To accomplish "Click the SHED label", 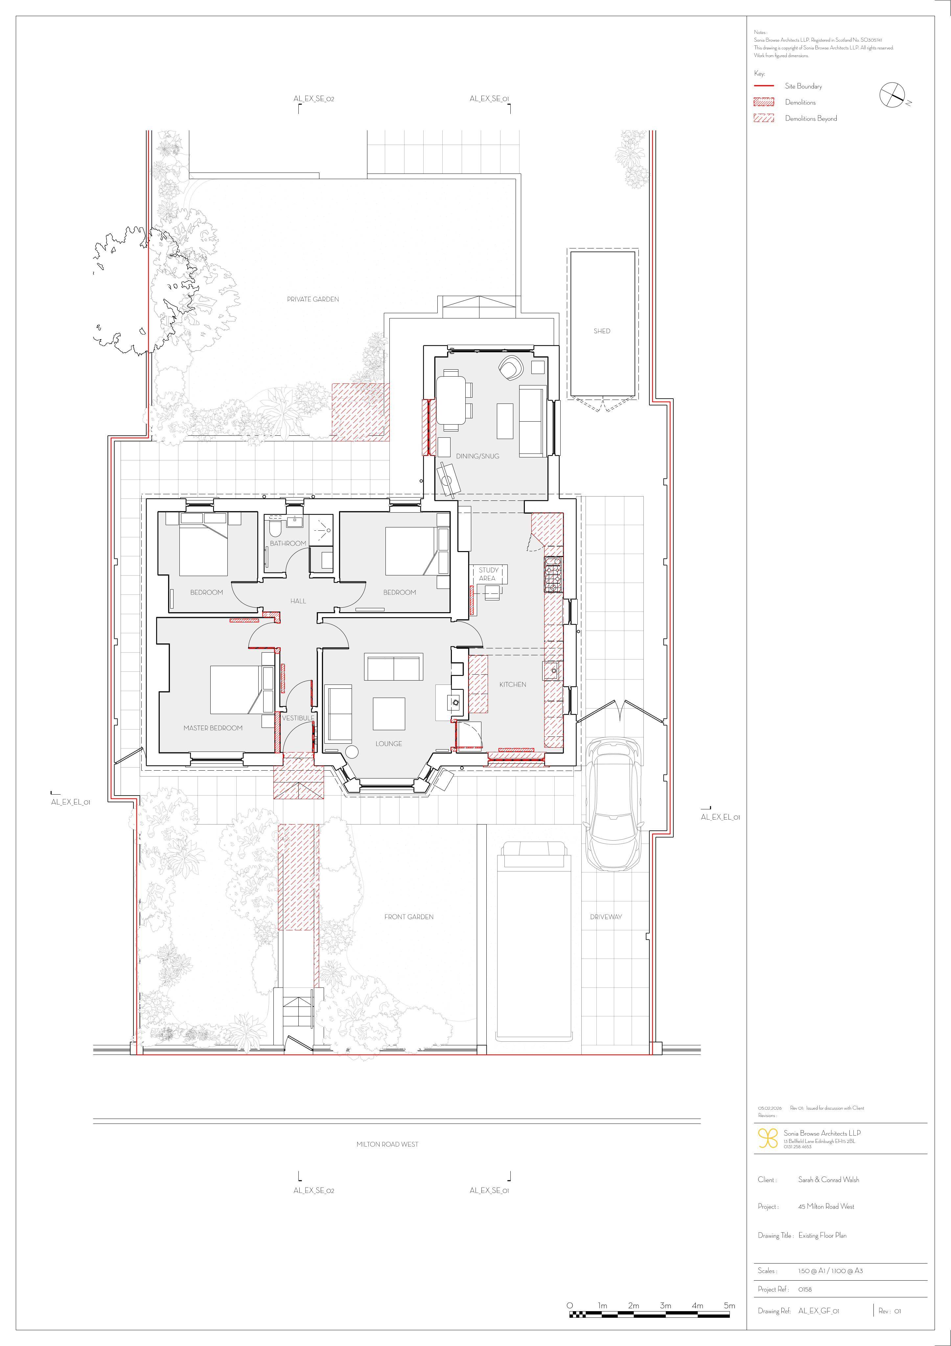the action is tap(602, 331).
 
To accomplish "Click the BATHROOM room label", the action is tap(288, 544).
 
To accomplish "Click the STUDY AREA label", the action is tap(488, 574).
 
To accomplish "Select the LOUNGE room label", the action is tap(389, 743).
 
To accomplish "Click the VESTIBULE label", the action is tap(298, 718).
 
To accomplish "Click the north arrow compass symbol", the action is tap(893, 95).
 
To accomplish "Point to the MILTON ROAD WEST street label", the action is tap(387, 1144).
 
